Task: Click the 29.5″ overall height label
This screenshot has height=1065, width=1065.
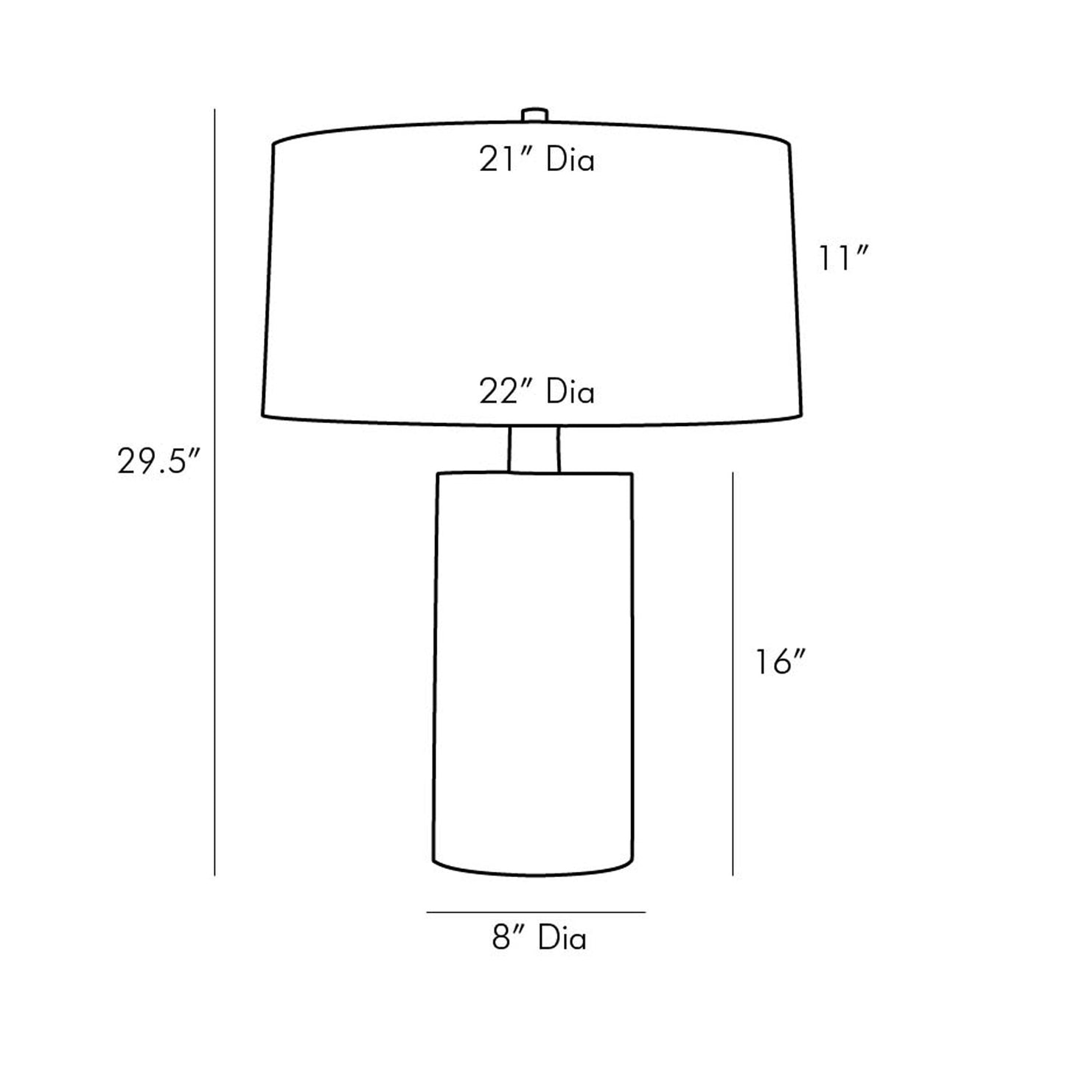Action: tap(158, 463)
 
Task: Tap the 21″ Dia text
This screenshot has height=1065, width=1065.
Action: tap(537, 161)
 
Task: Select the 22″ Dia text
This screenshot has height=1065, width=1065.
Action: tap(537, 392)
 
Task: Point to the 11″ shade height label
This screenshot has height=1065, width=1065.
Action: tap(845, 259)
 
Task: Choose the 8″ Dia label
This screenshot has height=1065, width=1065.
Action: tap(540, 939)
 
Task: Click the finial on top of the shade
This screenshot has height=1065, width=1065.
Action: tap(534, 116)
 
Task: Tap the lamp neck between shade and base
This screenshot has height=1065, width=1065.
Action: tap(534, 448)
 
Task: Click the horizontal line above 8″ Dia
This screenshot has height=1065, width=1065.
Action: tap(536, 912)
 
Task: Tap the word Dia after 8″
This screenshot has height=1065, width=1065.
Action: tap(562, 939)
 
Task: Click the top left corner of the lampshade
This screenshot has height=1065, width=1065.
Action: tap(274, 144)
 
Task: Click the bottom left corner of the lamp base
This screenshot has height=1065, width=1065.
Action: tap(433, 861)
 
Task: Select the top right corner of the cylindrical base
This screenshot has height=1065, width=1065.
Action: tap(632, 473)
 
